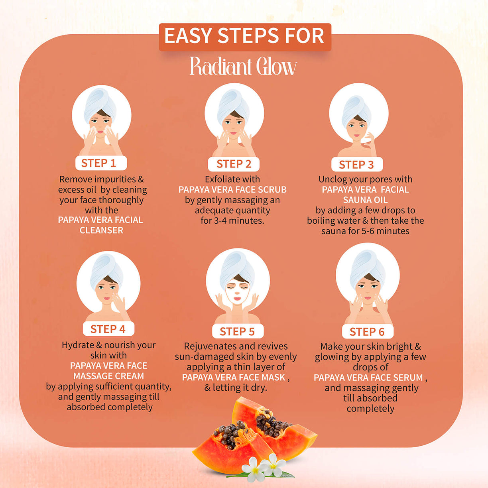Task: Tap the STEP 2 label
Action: [x=234, y=164]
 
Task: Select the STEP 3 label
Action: [x=356, y=165]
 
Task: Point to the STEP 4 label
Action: [x=108, y=329]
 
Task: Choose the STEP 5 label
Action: [x=237, y=331]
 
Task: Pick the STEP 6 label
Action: [x=367, y=332]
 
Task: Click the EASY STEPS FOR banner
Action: [x=244, y=36]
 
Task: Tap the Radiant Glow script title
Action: [x=243, y=67]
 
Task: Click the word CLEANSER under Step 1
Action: [x=101, y=230]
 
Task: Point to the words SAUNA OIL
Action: [x=365, y=200]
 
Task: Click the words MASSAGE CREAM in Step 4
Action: [x=108, y=376]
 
